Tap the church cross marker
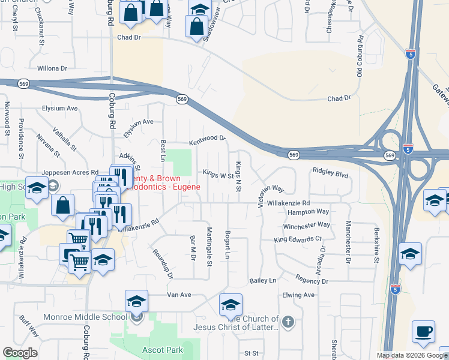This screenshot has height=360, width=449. coord(288,322)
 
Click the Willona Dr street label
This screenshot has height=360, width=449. coord(51,68)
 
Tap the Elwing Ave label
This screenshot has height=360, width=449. coord(298,295)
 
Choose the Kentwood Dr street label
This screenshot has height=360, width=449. coord(207,139)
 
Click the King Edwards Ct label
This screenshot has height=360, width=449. coord(297,239)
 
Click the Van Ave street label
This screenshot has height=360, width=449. coord(178,295)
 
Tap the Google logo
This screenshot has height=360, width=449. coord(20,353)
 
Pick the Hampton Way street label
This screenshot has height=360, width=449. coord(308,212)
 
